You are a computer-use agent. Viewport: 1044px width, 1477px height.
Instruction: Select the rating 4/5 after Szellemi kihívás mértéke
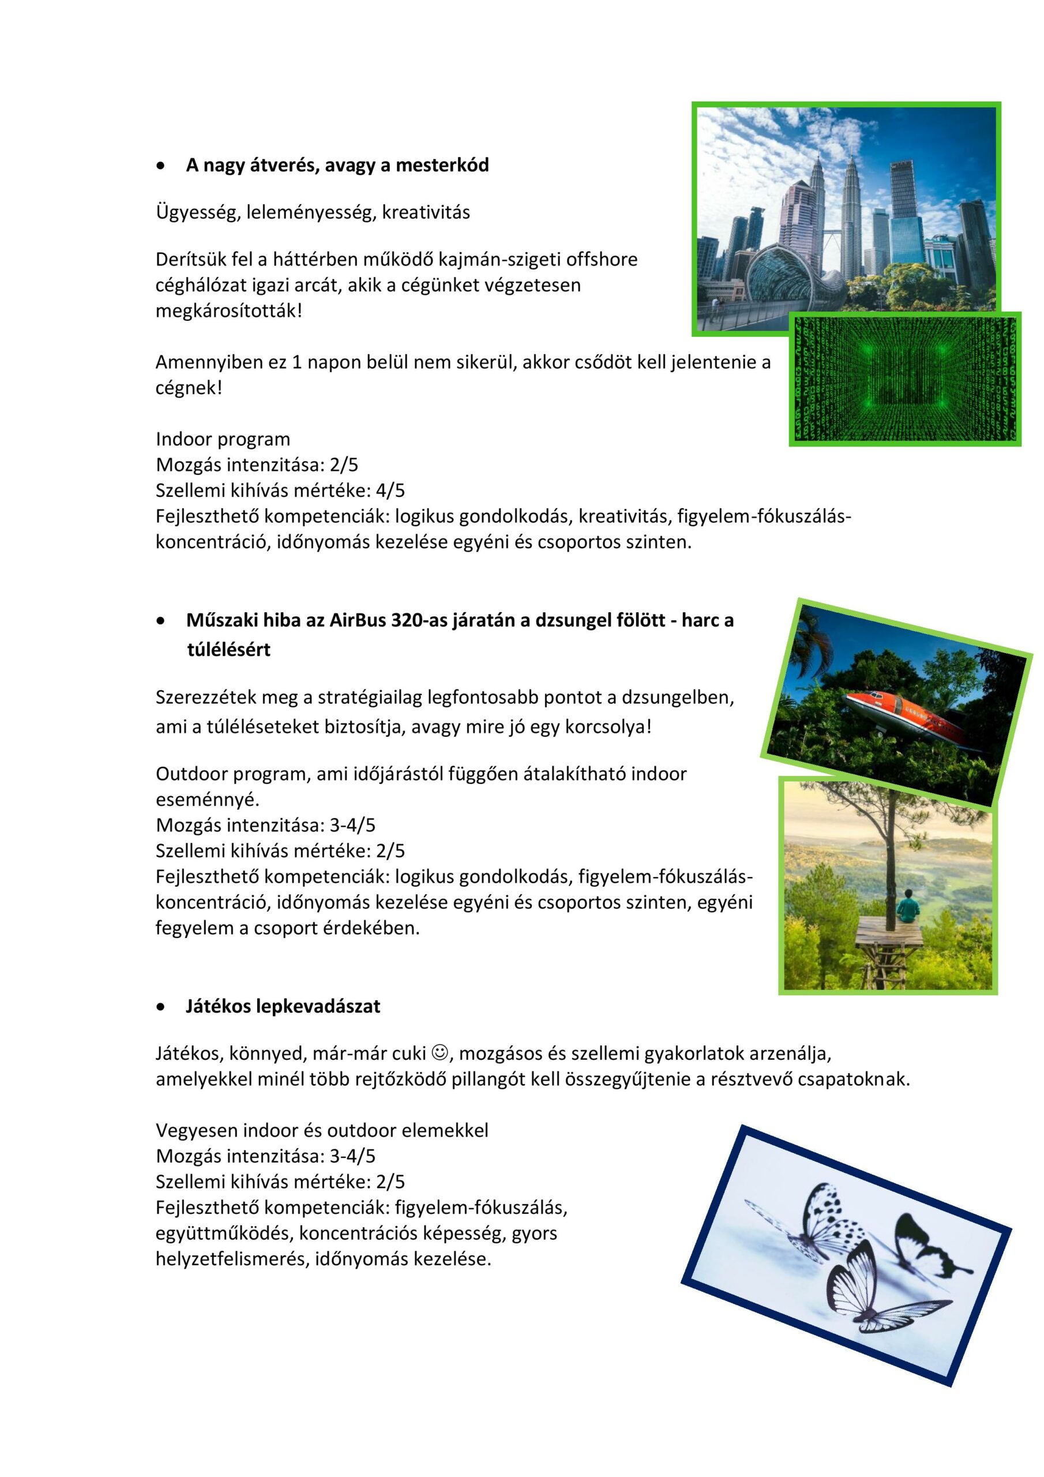[391, 491]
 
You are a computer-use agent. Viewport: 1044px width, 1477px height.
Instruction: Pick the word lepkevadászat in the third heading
[318, 1007]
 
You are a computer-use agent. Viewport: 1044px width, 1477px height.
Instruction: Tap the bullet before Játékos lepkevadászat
[161, 1007]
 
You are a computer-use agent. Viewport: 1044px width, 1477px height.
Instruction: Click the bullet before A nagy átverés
[161, 167]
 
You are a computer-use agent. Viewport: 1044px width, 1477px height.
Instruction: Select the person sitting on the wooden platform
[908, 905]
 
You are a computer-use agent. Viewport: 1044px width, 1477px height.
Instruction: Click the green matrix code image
[904, 380]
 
